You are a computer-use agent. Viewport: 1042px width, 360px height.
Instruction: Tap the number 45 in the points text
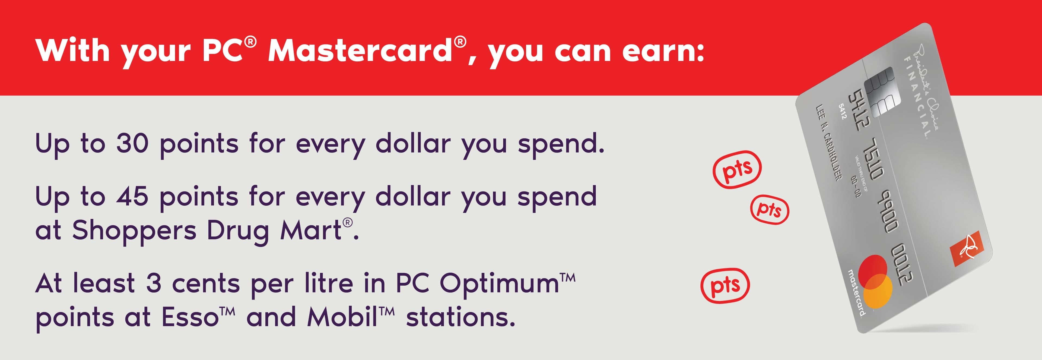click(132, 197)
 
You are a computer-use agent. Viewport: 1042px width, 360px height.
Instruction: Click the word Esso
click(190, 317)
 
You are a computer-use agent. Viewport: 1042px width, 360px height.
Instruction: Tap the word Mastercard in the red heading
click(360, 51)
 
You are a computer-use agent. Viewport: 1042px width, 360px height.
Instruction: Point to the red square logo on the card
click(965, 248)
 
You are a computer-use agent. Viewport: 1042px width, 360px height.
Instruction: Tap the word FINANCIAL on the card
click(918, 97)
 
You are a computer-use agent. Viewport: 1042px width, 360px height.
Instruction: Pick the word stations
click(461, 317)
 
